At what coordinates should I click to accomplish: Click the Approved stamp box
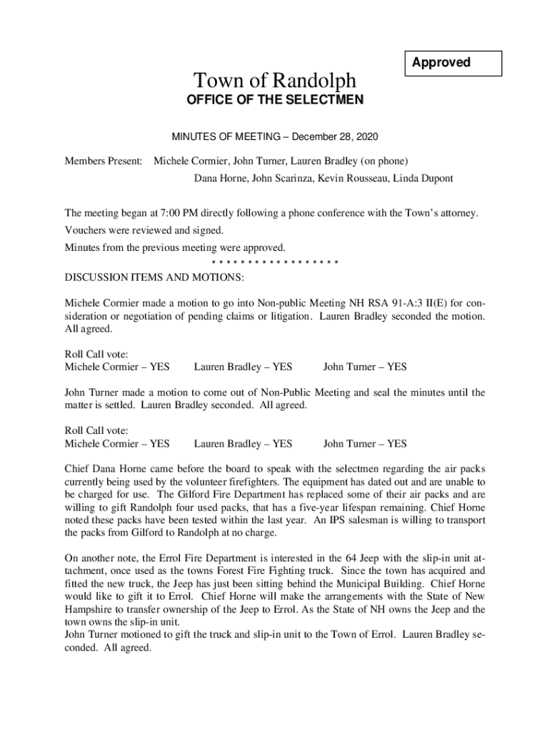point(454,63)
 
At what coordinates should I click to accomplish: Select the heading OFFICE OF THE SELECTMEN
point(275,101)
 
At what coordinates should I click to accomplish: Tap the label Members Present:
point(104,161)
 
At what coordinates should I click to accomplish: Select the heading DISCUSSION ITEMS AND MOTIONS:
point(154,277)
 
